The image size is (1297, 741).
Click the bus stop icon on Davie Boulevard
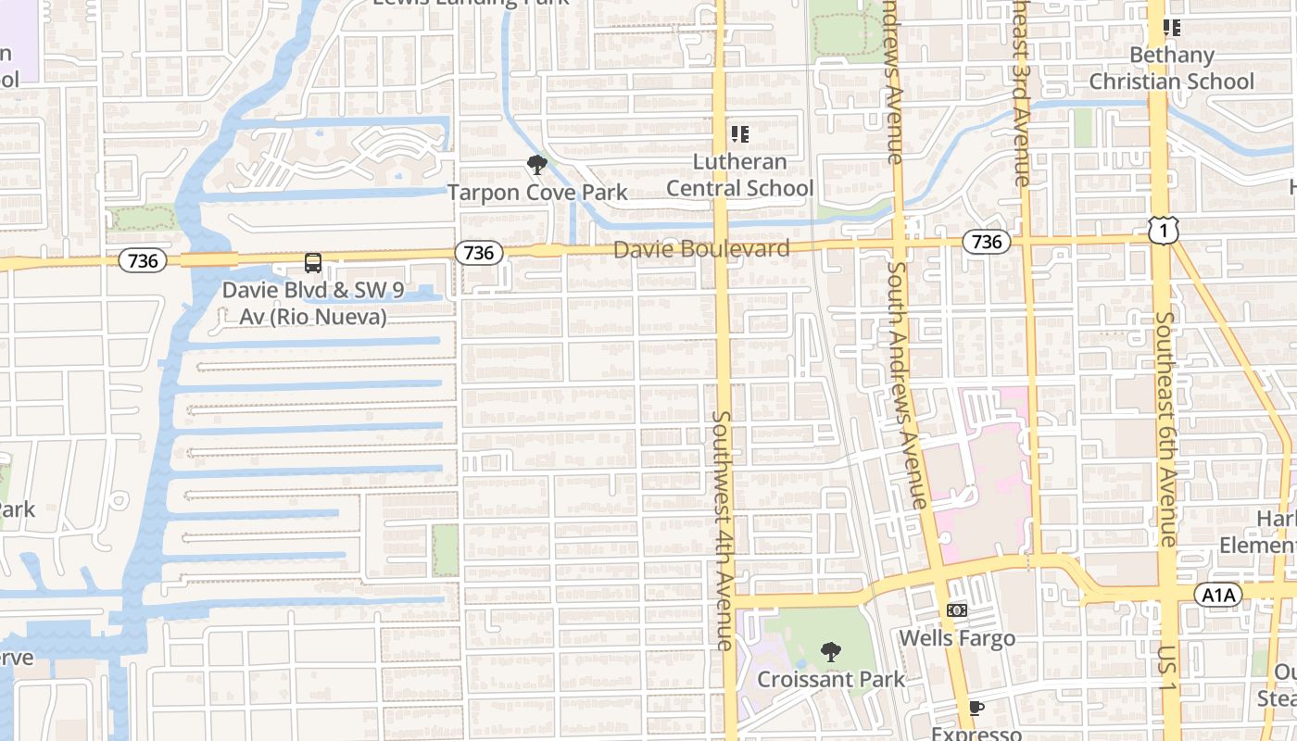(x=313, y=263)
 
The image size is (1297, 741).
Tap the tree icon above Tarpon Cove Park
(x=536, y=166)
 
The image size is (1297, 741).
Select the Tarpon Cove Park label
(x=537, y=193)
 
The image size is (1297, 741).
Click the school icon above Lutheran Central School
(x=739, y=134)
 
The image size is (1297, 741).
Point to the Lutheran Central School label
(x=739, y=175)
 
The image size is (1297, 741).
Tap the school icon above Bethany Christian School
(x=1172, y=28)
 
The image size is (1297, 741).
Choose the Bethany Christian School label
(x=1171, y=69)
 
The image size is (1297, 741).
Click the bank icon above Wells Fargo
(x=957, y=610)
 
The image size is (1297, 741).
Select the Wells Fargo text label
(x=957, y=638)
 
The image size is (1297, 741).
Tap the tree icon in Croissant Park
(x=831, y=652)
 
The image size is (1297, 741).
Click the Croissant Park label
(x=831, y=679)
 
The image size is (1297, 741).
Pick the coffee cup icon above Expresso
(x=976, y=709)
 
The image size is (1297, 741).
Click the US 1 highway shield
(x=1163, y=230)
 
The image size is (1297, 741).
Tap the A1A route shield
(x=1216, y=595)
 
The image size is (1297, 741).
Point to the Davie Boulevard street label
(x=701, y=248)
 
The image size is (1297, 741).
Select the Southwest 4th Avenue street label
(x=723, y=530)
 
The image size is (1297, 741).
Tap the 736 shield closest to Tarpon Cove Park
(x=478, y=252)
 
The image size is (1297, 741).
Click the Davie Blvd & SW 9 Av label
(x=313, y=303)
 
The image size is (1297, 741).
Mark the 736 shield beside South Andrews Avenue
(x=987, y=242)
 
